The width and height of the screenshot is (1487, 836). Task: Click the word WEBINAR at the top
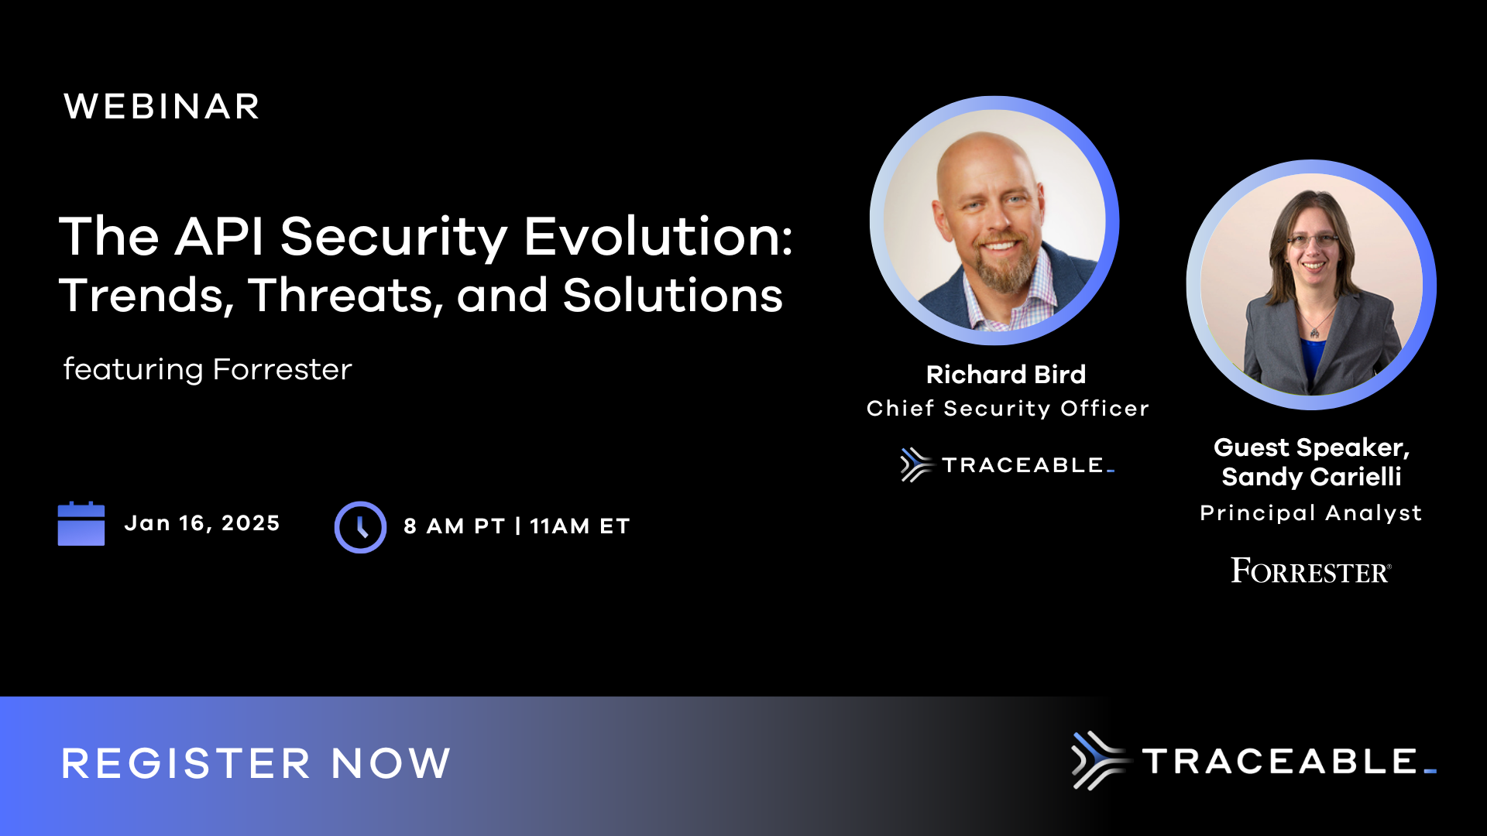point(161,107)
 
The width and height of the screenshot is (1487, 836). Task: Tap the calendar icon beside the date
point(81,524)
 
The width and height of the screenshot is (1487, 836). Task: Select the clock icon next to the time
point(360,527)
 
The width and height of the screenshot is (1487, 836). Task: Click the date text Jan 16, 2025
point(202,523)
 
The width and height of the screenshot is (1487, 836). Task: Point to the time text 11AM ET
point(580,526)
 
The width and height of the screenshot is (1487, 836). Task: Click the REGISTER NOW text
point(256,763)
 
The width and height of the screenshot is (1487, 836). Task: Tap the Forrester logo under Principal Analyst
point(1310,571)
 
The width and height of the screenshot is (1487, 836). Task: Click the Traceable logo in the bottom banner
point(1253,761)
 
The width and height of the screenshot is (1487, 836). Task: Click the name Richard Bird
point(1006,375)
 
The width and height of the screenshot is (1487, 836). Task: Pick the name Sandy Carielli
point(1311,477)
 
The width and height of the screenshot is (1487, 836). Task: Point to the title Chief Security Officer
point(1008,409)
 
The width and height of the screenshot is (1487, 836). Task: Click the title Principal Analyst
point(1310,513)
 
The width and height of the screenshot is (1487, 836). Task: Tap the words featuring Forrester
point(208,369)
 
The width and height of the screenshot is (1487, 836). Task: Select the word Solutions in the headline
point(672,296)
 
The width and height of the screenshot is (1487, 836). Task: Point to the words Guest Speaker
point(1310,447)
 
